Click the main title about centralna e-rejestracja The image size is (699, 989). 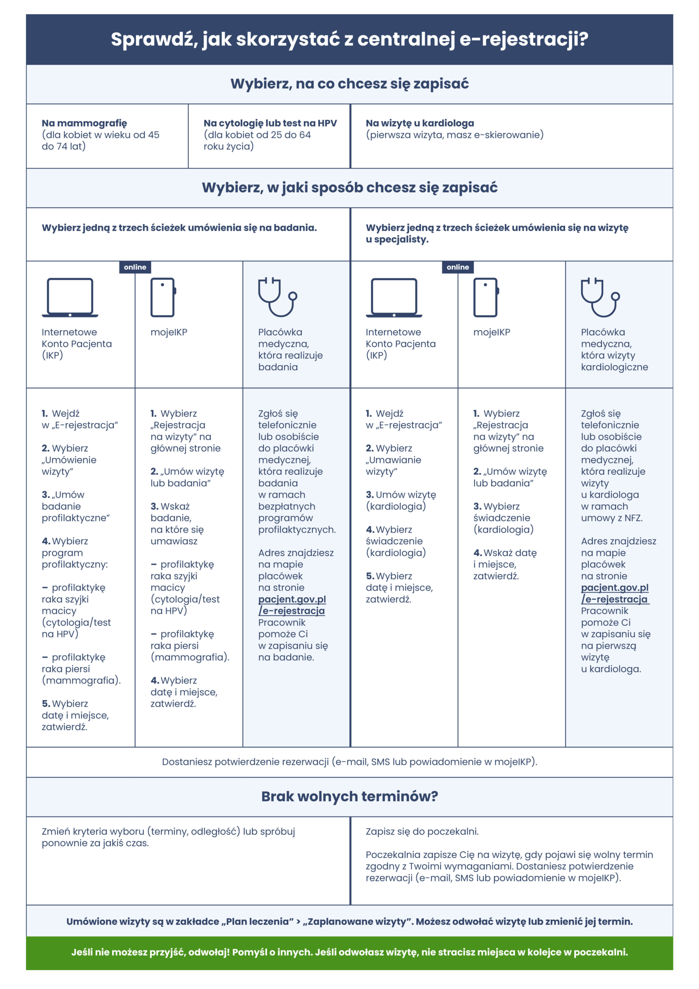click(x=349, y=39)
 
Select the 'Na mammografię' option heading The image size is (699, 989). click(x=85, y=123)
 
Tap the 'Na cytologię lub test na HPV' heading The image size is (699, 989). click(x=270, y=123)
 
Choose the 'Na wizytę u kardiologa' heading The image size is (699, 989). click(x=420, y=123)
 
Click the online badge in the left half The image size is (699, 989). click(x=135, y=267)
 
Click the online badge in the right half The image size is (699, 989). click(x=457, y=267)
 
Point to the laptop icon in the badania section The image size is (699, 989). click(x=70, y=297)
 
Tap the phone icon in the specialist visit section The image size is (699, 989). click(x=486, y=297)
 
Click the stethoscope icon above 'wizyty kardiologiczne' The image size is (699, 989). click(x=600, y=297)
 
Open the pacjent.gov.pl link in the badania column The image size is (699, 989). click(x=292, y=605)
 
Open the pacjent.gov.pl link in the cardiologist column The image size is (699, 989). click(x=614, y=593)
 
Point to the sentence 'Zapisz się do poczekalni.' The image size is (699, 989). click(x=422, y=831)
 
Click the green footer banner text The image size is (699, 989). click(x=349, y=952)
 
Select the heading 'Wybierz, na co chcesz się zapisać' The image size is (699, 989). click(x=349, y=83)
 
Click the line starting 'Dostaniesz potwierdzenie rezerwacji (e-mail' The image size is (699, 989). click(x=349, y=761)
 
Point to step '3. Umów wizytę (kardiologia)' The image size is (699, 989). click(x=400, y=500)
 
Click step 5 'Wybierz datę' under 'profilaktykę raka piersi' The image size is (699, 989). click(x=75, y=715)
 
